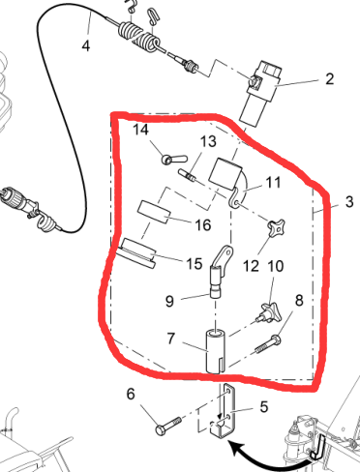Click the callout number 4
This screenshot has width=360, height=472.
[x=86, y=45]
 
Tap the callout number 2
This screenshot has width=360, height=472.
[x=329, y=79]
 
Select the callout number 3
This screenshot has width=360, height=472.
[x=349, y=202]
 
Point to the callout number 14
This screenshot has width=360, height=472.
[x=140, y=130]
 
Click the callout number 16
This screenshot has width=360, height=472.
[x=203, y=224]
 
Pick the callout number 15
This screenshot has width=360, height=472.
[x=195, y=264]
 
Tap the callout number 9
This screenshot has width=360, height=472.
[x=169, y=301]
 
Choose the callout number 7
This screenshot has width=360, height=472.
[x=171, y=339]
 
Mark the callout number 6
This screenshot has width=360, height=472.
[x=131, y=394]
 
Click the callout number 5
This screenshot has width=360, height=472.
[x=264, y=407]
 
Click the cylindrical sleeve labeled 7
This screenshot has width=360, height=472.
[x=216, y=351]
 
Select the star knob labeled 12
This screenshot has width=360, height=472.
[x=276, y=227]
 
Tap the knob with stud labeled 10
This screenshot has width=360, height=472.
[x=269, y=312]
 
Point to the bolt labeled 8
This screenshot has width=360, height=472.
[x=268, y=344]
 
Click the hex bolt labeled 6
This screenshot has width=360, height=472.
[x=168, y=426]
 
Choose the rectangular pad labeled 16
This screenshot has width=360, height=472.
[x=154, y=212]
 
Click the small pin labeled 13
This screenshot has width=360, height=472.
[x=187, y=176]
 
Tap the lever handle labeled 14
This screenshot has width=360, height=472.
[x=174, y=159]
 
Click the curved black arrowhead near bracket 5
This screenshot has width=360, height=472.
[x=234, y=449]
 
